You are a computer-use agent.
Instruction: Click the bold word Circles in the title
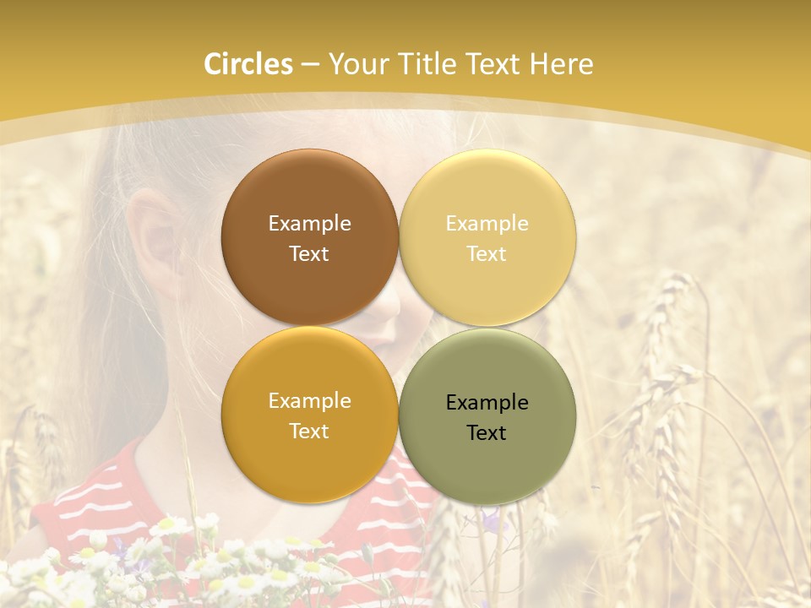[248, 64]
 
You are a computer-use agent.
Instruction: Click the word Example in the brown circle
[309, 223]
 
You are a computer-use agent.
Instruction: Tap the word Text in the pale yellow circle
[487, 253]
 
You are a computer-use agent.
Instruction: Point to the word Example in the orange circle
[309, 400]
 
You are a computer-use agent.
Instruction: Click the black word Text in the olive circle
[487, 432]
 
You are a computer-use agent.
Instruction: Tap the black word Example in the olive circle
[487, 402]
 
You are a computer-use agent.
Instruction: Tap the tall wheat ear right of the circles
[667, 338]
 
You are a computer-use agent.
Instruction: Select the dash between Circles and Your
[310, 65]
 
